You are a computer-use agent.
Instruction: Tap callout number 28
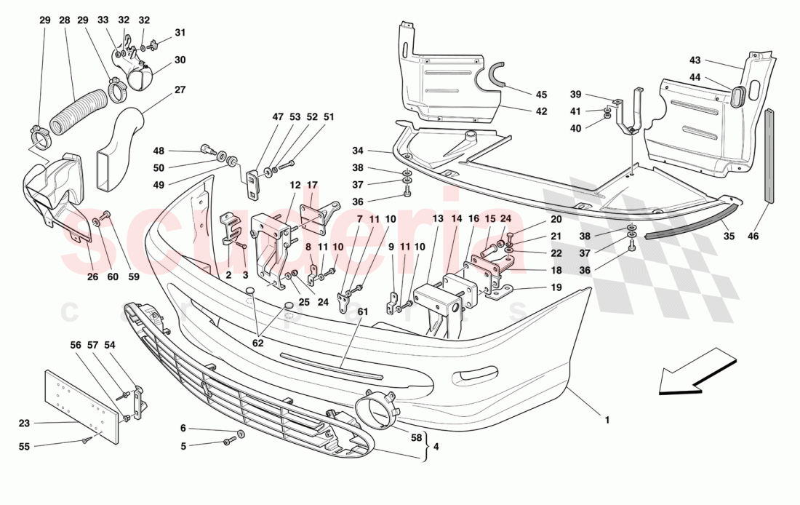tap(64, 20)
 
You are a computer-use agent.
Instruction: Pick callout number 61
tap(361, 312)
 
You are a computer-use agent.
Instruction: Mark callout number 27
tap(179, 90)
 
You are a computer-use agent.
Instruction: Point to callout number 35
tap(727, 236)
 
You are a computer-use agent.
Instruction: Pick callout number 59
tap(134, 277)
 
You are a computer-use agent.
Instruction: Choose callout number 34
tap(357, 151)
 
